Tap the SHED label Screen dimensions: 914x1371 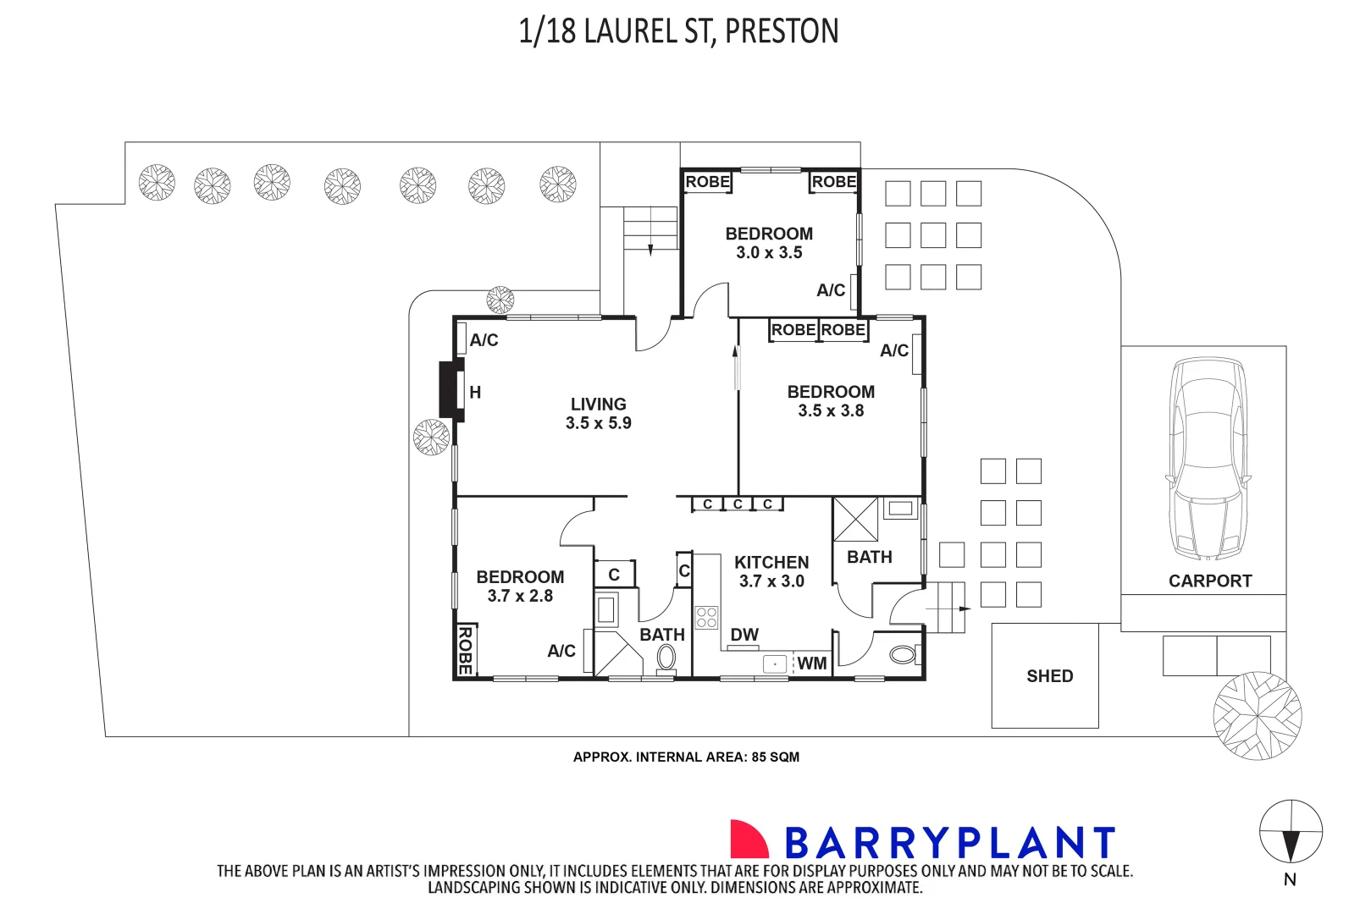coord(1049,676)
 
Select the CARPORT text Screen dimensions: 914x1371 coord(1209,581)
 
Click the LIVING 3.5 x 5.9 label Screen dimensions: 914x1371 coord(598,414)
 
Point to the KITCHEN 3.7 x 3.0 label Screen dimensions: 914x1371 coord(771,571)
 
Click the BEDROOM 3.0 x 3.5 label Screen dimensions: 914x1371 coord(769,243)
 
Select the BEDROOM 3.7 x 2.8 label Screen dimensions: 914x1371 coord(520,586)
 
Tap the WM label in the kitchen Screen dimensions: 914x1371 coord(811,663)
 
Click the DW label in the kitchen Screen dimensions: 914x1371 coord(744,635)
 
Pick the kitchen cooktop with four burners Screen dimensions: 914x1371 coord(706,618)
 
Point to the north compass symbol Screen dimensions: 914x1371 coord(1290,832)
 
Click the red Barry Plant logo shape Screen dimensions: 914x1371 coord(748,840)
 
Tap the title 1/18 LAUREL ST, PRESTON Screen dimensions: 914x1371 coord(678,31)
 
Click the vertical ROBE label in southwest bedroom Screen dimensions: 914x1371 coord(465,650)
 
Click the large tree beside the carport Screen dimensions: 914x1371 coord(1257,716)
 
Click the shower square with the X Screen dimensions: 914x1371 coord(855,519)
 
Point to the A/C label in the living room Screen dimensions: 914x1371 coord(484,340)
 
